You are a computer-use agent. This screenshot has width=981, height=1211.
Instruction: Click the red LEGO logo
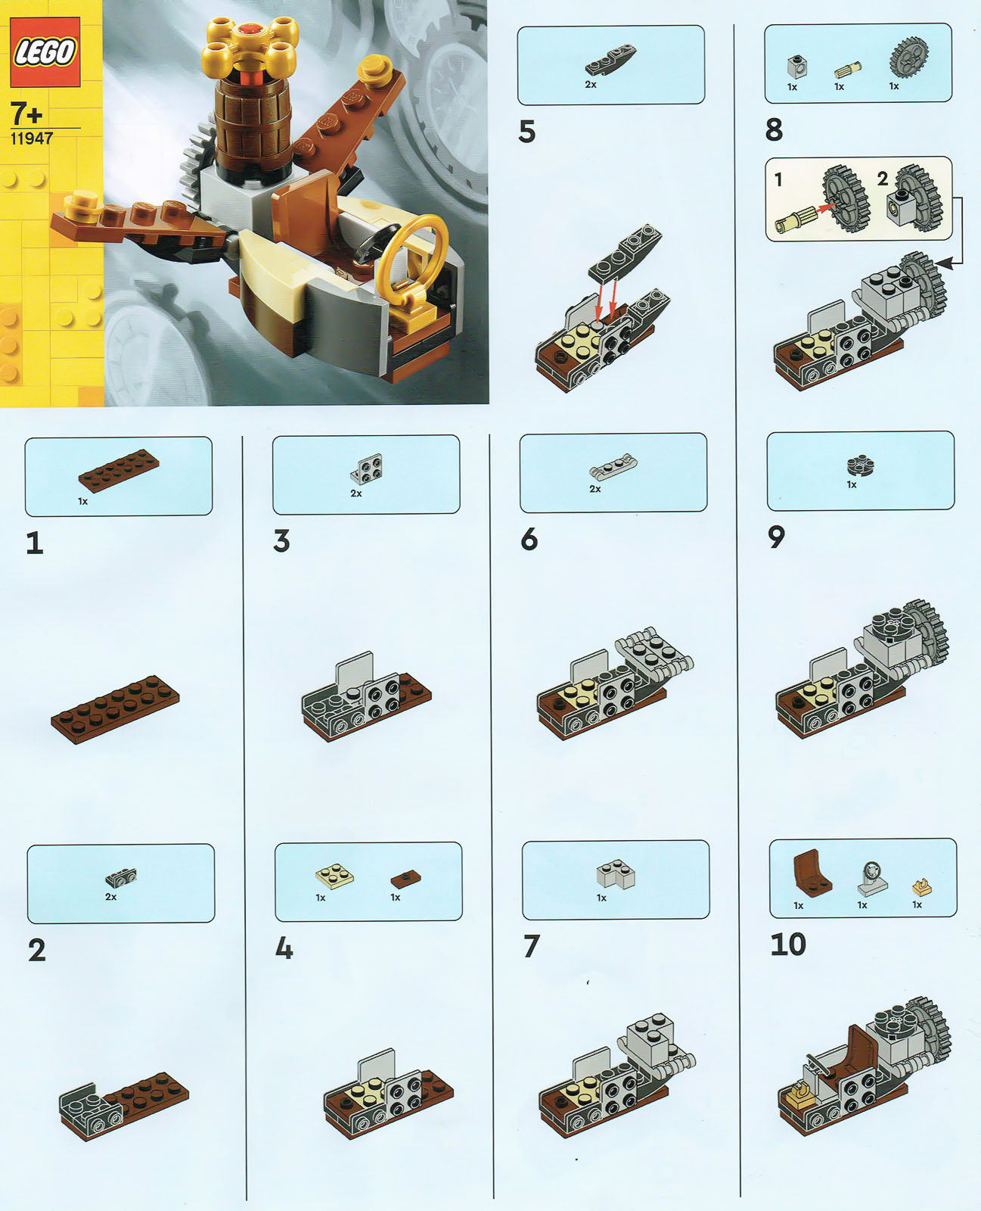(x=45, y=51)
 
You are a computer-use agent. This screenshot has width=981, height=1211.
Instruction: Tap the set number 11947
(x=31, y=139)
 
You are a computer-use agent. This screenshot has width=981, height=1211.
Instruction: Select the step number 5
(x=526, y=132)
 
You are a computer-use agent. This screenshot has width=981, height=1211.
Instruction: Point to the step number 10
(x=788, y=944)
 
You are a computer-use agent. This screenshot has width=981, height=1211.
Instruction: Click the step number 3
(x=281, y=540)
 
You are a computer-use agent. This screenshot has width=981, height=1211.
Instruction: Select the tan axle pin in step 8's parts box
(x=848, y=70)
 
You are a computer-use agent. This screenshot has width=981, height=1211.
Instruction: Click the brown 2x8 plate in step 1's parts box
(x=119, y=470)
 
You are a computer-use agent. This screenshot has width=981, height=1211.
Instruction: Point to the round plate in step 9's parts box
(x=860, y=465)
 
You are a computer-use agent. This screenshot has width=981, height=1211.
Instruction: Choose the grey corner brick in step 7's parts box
(x=616, y=874)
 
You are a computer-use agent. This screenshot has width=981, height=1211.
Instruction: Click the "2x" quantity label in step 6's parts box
(x=594, y=489)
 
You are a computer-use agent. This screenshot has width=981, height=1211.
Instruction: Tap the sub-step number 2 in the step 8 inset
(x=882, y=179)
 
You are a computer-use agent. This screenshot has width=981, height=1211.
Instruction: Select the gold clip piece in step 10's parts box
(x=921, y=887)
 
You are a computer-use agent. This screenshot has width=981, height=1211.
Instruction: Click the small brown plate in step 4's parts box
(x=405, y=878)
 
